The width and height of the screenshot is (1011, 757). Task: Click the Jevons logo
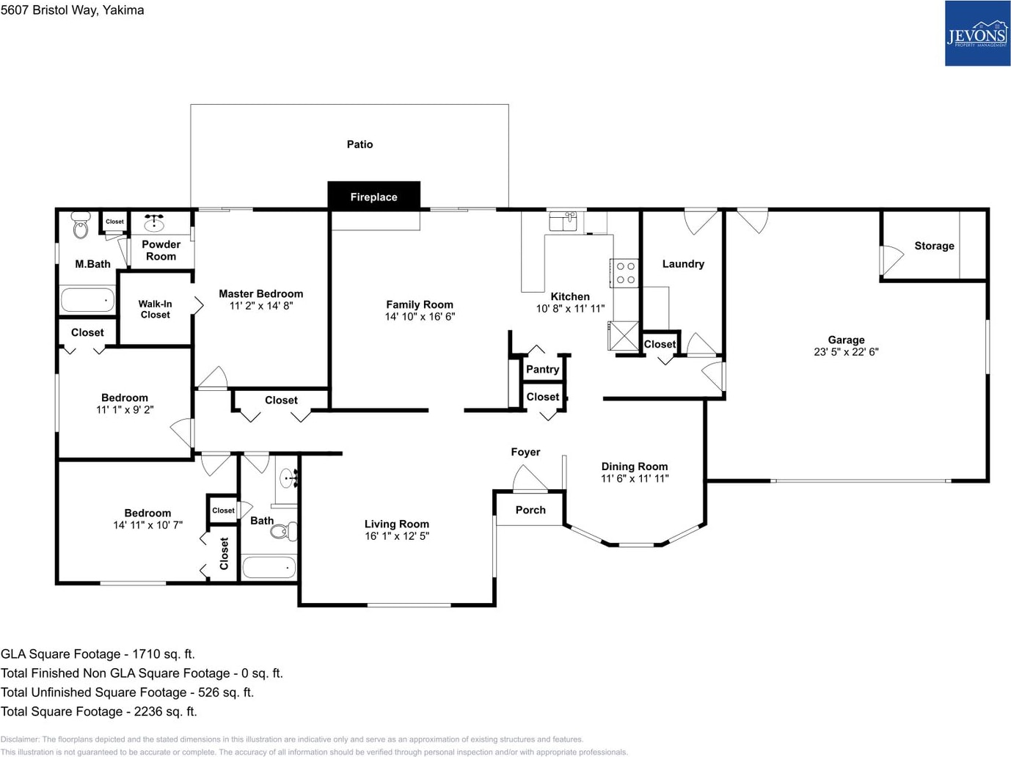(x=977, y=33)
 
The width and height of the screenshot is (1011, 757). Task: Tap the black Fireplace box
(x=373, y=196)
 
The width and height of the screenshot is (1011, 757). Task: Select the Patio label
(x=359, y=144)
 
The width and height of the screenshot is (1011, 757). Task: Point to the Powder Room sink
(x=154, y=223)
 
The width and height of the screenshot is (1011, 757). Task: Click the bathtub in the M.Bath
(x=87, y=300)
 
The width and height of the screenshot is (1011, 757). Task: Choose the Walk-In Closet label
(x=156, y=310)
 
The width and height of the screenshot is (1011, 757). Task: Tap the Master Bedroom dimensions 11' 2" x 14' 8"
(x=261, y=306)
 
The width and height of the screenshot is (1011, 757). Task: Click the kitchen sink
(x=563, y=222)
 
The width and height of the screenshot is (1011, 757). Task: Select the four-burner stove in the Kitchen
(x=625, y=273)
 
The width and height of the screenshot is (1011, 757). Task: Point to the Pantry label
(x=543, y=369)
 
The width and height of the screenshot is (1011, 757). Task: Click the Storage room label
(x=934, y=246)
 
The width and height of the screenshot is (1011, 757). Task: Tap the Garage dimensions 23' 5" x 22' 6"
(x=846, y=352)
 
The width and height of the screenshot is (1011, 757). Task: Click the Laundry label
(x=683, y=264)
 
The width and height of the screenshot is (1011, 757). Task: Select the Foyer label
(x=525, y=452)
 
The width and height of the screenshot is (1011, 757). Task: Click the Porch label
(x=530, y=510)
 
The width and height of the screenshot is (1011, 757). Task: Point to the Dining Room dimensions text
(x=635, y=478)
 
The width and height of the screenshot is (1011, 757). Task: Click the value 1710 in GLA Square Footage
(x=145, y=654)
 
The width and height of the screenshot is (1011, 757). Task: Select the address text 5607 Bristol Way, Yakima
(x=73, y=10)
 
